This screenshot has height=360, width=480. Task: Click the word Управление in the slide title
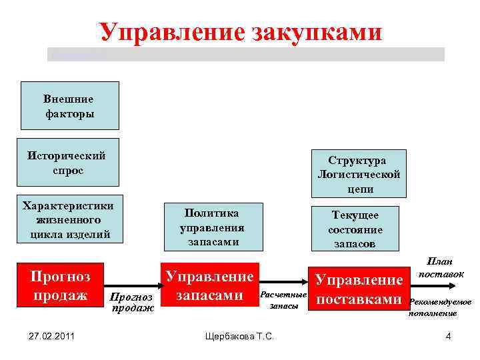(170, 32)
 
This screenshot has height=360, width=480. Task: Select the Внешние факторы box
(70, 105)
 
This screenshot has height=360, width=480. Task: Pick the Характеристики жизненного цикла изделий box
(68, 219)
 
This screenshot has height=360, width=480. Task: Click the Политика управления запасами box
(212, 227)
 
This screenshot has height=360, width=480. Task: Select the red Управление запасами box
(209, 285)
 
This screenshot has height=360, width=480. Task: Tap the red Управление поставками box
(359, 290)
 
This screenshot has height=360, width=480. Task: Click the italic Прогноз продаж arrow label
(131, 301)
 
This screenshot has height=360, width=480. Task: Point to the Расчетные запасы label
(283, 299)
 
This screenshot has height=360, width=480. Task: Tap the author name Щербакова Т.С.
(240, 336)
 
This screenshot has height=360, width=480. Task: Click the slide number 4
(448, 336)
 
